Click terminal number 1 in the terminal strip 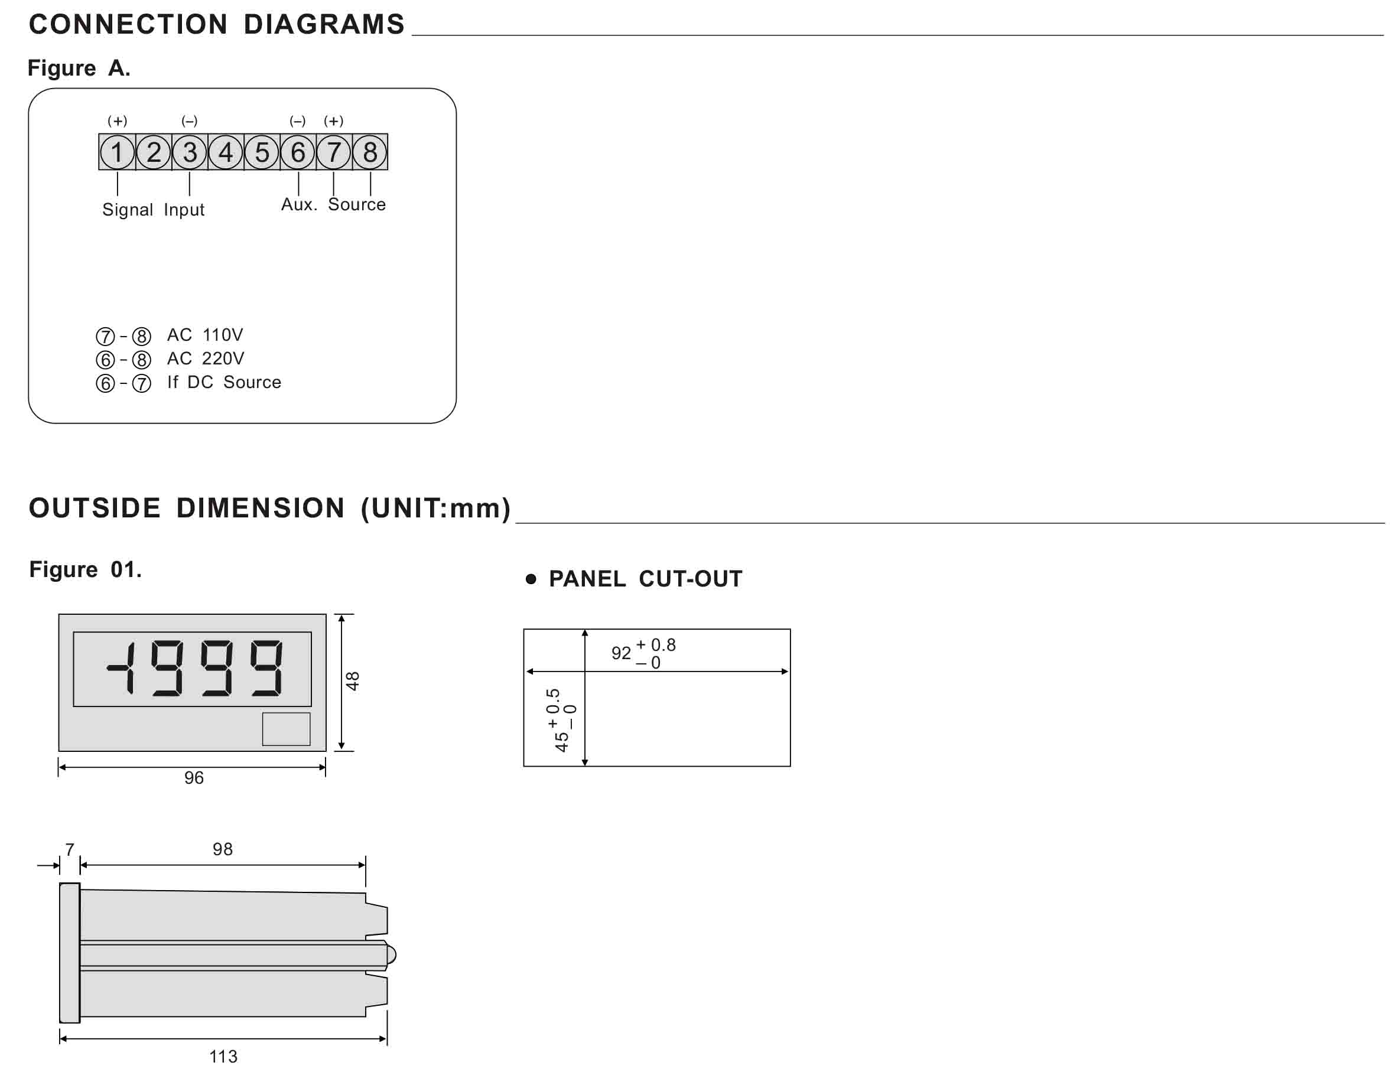[117, 152]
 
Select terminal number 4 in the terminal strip [226, 152]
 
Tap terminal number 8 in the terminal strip [370, 152]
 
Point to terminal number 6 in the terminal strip [298, 152]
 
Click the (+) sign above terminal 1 [117, 120]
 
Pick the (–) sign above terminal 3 [189, 120]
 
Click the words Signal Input [154, 210]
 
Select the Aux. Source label [333, 204]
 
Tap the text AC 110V [205, 335]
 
